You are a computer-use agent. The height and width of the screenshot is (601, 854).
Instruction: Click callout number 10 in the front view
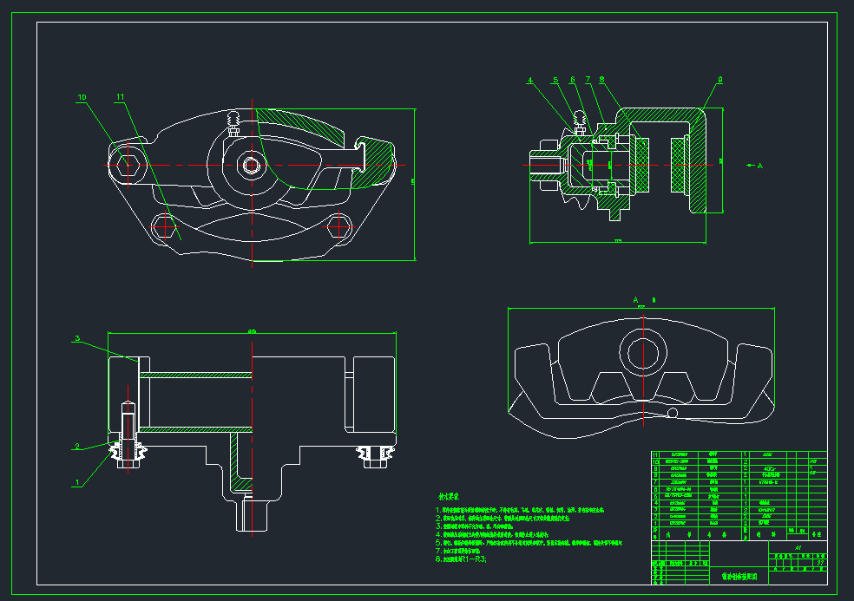click(82, 98)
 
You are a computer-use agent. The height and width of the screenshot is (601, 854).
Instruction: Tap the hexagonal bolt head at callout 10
click(123, 163)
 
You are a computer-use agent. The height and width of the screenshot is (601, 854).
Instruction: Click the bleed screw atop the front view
click(232, 121)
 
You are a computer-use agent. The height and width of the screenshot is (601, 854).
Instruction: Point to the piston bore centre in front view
click(253, 164)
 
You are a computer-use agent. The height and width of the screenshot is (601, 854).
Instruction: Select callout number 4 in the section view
click(530, 81)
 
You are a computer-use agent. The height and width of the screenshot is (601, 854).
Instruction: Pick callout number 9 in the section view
click(719, 81)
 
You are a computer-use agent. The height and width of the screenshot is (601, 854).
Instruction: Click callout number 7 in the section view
click(588, 81)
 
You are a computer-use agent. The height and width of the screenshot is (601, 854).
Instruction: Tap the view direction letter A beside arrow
click(759, 164)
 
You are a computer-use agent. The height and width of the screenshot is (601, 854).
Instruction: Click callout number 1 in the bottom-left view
click(77, 481)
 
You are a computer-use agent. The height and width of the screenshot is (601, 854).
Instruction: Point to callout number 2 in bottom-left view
click(77, 447)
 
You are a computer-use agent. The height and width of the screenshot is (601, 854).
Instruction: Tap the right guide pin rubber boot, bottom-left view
click(376, 454)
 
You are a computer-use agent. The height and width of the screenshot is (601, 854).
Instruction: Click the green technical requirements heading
click(448, 497)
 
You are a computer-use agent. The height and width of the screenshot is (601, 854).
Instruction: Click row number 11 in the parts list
click(655, 454)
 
